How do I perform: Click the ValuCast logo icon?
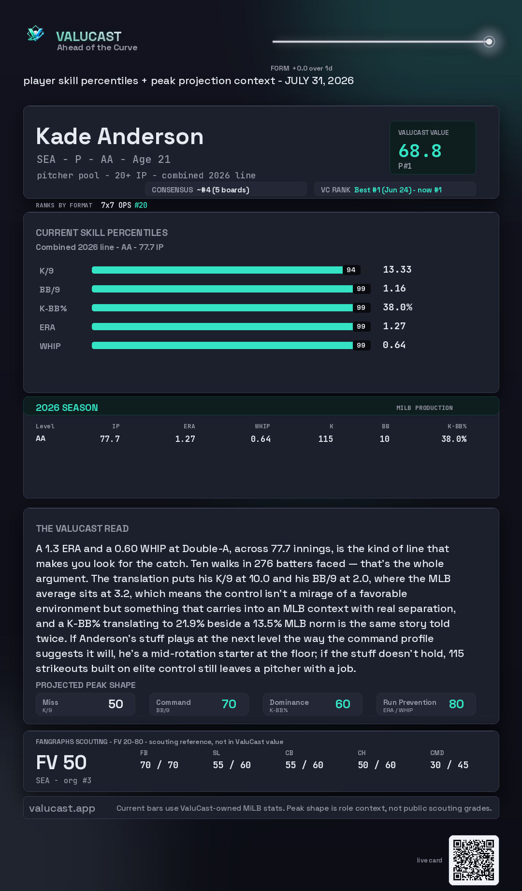point(35,33)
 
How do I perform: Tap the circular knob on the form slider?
point(489,42)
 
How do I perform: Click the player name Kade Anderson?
point(119,136)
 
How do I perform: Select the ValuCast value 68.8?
point(420,151)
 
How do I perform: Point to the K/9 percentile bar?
point(217,270)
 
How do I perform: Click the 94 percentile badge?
point(351,270)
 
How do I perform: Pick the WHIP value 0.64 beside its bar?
point(394,345)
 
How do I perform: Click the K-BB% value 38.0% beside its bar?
point(397,307)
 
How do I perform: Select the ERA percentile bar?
point(222,326)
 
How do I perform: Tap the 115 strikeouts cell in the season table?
point(325,439)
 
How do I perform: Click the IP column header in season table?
point(116,426)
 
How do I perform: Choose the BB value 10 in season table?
point(384,439)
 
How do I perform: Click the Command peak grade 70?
point(229,704)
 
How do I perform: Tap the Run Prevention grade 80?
point(456,704)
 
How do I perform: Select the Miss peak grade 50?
point(116,704)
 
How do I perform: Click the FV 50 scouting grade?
point(61,763)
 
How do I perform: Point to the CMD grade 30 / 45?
point(449,765)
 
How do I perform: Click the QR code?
point(474,860)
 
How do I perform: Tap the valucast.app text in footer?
point(62,808)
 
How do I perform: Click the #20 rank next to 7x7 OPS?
point(141,205)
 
